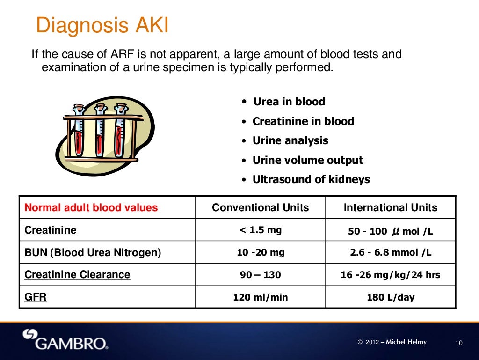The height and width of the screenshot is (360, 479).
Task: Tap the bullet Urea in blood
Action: pos(289,102)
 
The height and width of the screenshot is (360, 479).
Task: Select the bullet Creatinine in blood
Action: pos(303,121)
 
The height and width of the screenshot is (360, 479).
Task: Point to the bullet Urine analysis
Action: pos(290,140)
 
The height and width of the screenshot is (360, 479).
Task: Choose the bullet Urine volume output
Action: pos(307,160)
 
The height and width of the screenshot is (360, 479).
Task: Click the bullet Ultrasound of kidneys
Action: pos(311,179)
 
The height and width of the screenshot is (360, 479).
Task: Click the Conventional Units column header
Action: pos(261,207)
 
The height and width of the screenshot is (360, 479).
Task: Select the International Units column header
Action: pos(391,207)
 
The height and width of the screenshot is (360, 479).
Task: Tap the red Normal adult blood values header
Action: pos(91,207)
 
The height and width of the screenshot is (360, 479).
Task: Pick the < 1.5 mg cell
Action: pos(261,230)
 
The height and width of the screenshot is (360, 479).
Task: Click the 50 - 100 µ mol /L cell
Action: pos(391,231)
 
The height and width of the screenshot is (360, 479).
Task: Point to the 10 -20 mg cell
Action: pos(261,252)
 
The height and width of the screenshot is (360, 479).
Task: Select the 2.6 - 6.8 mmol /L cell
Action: pos(391,252)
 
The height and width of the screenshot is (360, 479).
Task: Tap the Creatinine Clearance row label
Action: pos(77,274)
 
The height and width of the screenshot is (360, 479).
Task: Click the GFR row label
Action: pos(35,297)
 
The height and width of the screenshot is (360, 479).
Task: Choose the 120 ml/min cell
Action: pos(261,297)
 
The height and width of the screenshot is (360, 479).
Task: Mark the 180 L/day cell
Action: pos(391,297)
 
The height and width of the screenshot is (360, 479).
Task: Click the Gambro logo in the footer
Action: pos(65,340)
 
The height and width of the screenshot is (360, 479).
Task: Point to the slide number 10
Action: pos(458,343)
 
